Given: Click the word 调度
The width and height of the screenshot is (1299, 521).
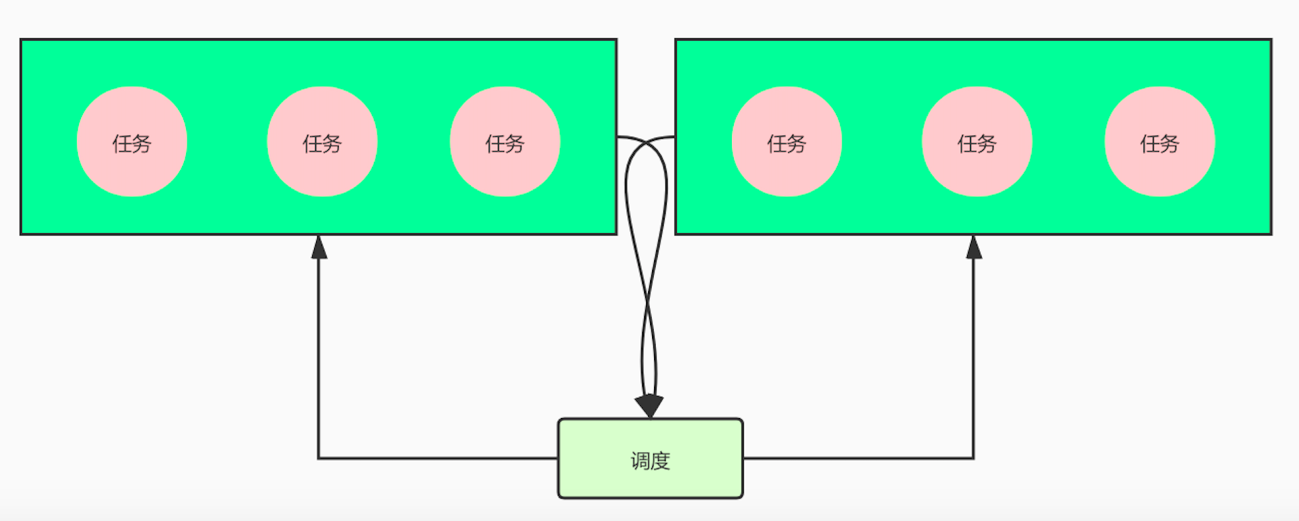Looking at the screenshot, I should (x=650, y=461).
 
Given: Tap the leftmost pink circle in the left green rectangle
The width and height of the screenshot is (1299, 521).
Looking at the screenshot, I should (x=132, y=141).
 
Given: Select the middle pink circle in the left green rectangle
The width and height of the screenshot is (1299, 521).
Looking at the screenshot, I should (x=322, y=141).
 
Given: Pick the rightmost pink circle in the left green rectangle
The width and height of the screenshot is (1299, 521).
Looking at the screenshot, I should (x=505, y=141).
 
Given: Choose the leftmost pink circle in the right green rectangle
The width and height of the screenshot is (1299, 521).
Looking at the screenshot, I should (x=787, y=141).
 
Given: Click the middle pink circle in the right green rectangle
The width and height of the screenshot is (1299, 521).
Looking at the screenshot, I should (x=977, y=141).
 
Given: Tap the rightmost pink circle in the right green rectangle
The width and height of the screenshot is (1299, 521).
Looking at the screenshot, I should (x=1160, y=141).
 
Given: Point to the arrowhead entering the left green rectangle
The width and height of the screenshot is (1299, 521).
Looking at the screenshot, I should (x=319, y=248).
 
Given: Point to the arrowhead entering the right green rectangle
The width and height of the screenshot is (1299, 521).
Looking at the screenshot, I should (x=974, y=248).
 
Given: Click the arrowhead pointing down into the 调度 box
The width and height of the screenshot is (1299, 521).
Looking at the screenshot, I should (x=649, y=406).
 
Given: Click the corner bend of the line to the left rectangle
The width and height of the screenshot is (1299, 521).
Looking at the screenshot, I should (x=319, y=458).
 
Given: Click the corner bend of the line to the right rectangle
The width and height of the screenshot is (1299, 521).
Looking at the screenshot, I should (x=974, y=458).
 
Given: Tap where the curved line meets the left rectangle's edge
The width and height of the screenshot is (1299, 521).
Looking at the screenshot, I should (x=618, y=137).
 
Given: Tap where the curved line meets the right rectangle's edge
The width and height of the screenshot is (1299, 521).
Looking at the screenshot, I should (x=675, y=137).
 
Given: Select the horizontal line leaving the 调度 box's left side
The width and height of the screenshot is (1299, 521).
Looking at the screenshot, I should (x=440, y=458).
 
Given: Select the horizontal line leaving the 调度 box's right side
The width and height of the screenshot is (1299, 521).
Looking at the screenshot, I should (x=859, y=458).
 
